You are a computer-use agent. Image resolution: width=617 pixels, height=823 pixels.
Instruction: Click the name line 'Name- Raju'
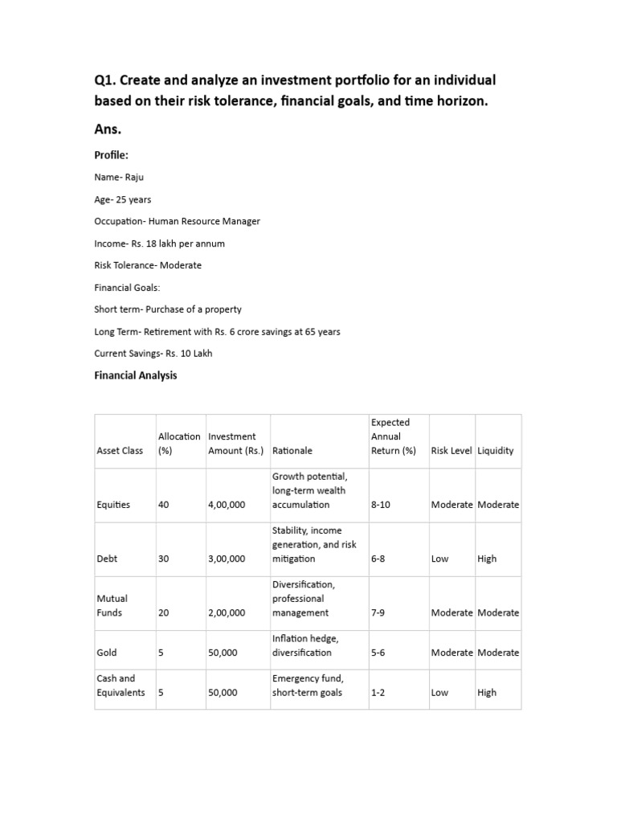point(121,177)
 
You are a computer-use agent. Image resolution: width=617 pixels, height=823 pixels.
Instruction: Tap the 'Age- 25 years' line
point(123,199)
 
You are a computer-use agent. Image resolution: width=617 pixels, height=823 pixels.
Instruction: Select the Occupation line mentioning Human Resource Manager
point(177,221)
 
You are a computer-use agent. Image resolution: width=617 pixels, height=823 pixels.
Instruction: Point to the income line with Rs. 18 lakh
point(159,243)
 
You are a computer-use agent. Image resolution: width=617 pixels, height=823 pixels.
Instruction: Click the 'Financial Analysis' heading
point(136,375)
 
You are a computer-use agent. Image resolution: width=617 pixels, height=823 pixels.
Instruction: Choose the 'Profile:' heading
point(112,154)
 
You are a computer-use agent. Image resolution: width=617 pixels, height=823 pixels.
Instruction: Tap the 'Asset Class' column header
point(120,451)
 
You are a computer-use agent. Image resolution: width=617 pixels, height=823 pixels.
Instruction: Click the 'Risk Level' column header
point(452,451)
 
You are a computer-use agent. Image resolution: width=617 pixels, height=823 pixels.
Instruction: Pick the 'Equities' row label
point(113,505)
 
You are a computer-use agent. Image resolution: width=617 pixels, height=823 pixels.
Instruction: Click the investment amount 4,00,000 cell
point(227,505)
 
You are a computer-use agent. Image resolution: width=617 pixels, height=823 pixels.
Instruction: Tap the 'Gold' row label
point(107,653)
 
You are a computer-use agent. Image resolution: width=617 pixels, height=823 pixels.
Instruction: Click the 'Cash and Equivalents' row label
point(121,686)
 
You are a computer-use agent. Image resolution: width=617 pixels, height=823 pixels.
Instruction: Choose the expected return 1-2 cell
point(378,693)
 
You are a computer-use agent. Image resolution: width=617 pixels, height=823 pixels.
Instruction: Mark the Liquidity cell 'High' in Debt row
point(487,559)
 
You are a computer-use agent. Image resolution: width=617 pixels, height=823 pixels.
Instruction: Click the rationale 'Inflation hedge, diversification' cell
point(305,645)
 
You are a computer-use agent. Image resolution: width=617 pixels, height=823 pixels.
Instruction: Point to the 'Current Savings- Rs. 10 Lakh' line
point(153,353)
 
